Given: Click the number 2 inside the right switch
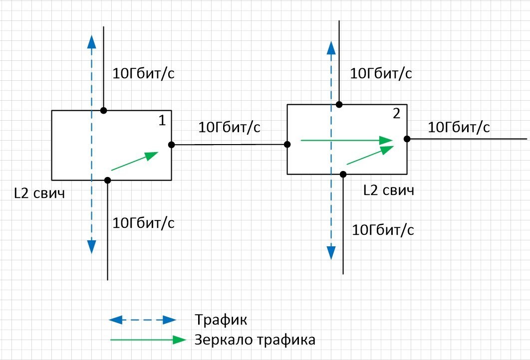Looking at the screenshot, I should (396, 114).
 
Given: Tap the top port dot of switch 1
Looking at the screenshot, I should (103, 110).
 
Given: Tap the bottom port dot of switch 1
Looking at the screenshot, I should (107, 180).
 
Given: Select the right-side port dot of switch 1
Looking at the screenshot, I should (171, 145).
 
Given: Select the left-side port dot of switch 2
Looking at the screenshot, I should (287, 145).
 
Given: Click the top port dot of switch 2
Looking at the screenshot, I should (339, 104).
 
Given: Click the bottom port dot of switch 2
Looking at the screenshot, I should (343, 174).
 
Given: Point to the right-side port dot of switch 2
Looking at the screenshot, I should (407, 139).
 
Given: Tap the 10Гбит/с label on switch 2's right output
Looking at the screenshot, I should (459, 127).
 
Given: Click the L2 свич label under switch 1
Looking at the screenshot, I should (39, 192).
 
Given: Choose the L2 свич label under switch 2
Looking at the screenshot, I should (388, 190).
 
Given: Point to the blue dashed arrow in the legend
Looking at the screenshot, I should (143, 319).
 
